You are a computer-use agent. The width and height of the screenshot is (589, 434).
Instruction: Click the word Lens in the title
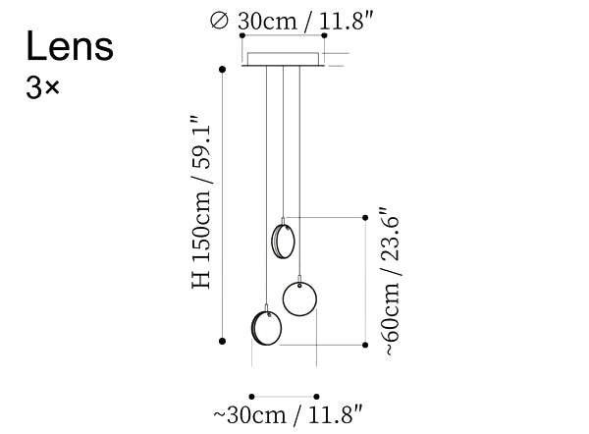tap(70, 46)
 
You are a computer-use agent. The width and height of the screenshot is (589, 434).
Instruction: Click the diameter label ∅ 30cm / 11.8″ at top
tap(292, 21)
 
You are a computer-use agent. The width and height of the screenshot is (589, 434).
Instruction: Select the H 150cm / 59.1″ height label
tap(201, 202)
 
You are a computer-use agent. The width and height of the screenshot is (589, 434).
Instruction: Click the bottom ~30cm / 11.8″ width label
tap(289, 414)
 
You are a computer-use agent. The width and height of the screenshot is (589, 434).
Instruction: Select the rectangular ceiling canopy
tap(283, 59)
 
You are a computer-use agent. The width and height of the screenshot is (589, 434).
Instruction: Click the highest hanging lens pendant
tap(283, 241)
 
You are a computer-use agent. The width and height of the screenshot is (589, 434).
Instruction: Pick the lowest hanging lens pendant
tap(266, 328)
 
